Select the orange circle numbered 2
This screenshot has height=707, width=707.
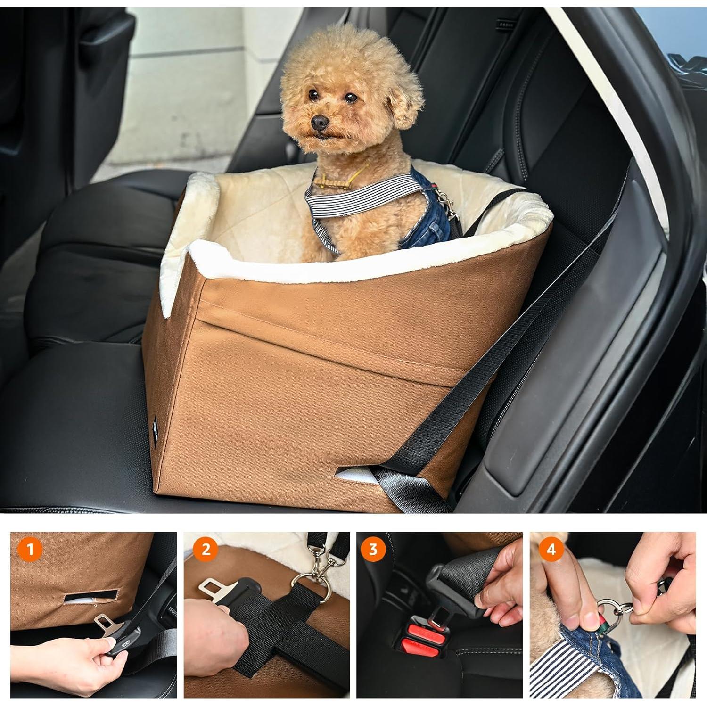206,550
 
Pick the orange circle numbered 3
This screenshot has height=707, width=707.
373,550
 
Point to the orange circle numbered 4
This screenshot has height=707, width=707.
551,550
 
